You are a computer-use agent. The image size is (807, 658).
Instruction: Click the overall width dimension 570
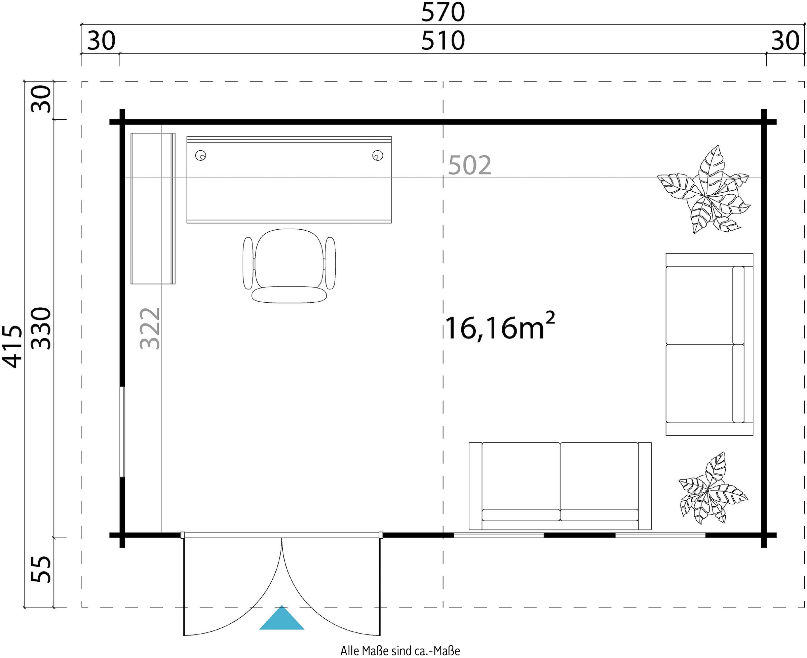pyautogui.click(x=443, y=12)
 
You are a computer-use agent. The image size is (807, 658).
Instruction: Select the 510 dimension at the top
pyautogui.click(x=443, y=41)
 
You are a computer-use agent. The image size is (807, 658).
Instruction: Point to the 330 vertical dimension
pyautogui.click(x=41, y=328)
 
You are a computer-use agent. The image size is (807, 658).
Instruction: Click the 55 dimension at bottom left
pyautogui.click(x=41, y=569)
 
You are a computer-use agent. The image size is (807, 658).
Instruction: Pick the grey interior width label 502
pyautogui.click(x=470, y=165)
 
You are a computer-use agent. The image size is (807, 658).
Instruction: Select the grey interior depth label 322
pyautogui.click(x=150, y=328)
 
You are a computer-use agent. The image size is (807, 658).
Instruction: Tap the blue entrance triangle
pyautogui.click(x=282, y=618)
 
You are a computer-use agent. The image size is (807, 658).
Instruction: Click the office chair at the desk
pyautogui.click(x=289, y=266)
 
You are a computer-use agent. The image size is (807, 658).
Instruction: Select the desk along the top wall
pyautogui.click(x=289, y=180)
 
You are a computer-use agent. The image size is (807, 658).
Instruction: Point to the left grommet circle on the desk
pyautogui.click(x=200, y=155)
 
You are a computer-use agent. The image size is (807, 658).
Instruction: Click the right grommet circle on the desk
pyautogui.click(x=378, y=155)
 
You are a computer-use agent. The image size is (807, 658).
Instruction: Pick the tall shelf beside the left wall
pyautogui.click(x=153, y=208)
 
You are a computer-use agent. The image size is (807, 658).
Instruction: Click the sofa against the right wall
pyautogui.click(x=709, y=344)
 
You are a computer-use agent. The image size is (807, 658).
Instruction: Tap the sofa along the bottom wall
pyautogui.click(x=560, y=486)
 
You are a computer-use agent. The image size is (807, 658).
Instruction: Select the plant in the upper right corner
pyautogui.click(x=704, y=190)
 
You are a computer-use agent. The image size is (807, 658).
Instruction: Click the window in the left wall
pyautogui.click(x=122, y=432)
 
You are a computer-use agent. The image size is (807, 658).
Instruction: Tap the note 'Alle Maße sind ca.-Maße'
pyautogui.click(x=400, y=651)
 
